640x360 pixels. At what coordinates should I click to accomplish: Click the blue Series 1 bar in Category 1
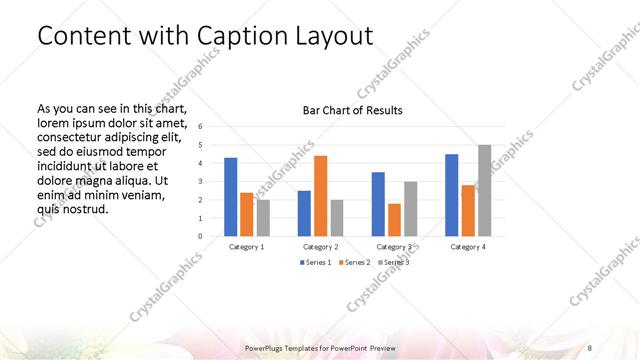point(231,197)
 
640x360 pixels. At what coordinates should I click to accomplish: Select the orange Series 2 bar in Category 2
point(320,196)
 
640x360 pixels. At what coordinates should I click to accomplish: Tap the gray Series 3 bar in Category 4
point(484,190)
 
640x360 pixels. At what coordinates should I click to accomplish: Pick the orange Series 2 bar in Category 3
point(394,220)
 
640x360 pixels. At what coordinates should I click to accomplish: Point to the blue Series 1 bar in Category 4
point(451,195)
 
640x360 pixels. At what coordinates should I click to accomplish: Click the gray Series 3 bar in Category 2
point(336,218)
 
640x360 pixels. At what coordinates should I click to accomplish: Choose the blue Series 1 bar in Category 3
point(378,204)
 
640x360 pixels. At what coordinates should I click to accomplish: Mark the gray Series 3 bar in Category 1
point(262,218)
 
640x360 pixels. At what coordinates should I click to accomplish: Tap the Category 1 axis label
point(247,246)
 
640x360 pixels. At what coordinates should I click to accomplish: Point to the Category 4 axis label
point(468,246)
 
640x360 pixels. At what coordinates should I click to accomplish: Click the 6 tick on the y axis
point(201,127)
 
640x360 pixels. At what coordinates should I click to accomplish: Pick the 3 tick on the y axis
point(201,182)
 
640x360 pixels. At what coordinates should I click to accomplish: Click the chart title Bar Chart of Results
point(353,110)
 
